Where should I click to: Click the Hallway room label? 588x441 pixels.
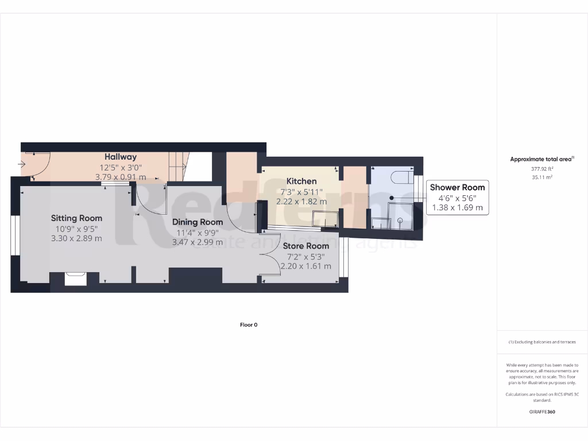120,157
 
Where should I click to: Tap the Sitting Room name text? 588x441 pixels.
76,218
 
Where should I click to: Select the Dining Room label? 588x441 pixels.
198,222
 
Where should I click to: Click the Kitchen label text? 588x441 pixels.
301,181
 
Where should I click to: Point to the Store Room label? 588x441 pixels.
305,246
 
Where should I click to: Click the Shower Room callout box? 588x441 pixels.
457,198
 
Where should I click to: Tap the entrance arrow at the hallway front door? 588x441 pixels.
22,165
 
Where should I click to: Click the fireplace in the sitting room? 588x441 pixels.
75,278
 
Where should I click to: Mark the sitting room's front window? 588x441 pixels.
14,235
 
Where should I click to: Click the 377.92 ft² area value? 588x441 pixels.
542,169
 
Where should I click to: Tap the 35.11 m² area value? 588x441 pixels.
542,177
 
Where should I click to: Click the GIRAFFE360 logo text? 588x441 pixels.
542,412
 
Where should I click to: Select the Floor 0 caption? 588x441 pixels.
249,325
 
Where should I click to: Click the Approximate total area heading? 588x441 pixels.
541,160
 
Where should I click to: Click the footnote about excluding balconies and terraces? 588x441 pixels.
542,342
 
